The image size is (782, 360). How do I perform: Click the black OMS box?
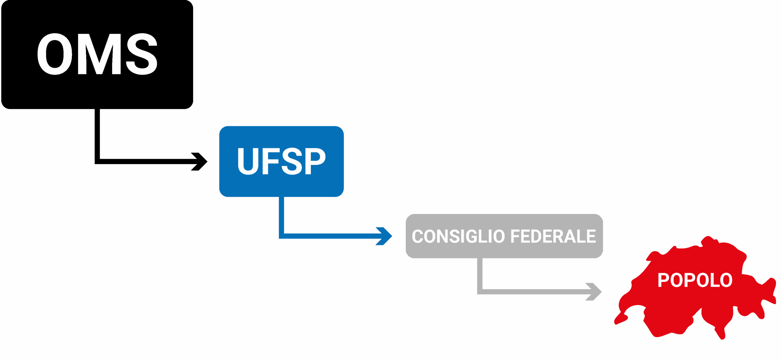coord(97,92)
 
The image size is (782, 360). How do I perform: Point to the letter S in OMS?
coord(141,54)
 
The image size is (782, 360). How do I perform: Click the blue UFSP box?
coord(281,186)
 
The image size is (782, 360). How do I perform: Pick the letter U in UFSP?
coord(248,161)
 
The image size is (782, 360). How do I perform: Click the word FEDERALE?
coord(553,236)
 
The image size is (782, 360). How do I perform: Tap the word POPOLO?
coord(695,280)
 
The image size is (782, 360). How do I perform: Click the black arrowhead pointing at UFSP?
coord(200,161)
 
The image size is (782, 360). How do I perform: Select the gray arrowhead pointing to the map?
coord(594,292)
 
